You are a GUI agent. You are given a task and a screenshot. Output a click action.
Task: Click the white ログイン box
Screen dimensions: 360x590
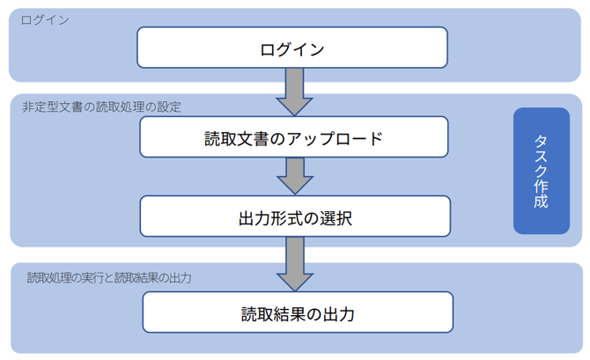(x=291, y=48)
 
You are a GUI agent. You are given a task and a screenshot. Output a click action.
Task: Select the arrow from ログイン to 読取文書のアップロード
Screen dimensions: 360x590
(x=294, y=92)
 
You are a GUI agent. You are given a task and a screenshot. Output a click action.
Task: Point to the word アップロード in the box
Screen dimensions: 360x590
(x=336, y=138)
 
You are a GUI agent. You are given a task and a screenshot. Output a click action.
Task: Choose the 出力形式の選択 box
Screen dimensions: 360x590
(x=295, y=217)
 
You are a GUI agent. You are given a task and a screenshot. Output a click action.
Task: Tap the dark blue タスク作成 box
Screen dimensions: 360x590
(x=542, y=171)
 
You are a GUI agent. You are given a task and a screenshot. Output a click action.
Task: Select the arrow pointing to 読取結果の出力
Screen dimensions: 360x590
(x=294, y=264)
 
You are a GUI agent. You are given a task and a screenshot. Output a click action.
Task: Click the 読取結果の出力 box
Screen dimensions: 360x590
(x=297, y=312)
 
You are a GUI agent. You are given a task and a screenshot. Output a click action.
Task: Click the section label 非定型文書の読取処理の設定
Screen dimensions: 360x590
(x=101, y=107)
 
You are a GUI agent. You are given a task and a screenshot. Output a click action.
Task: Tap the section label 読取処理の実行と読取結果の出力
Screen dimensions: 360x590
(x=109, y=277)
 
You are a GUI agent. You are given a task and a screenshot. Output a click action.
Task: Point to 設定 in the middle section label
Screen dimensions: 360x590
(x=169, y=107)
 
